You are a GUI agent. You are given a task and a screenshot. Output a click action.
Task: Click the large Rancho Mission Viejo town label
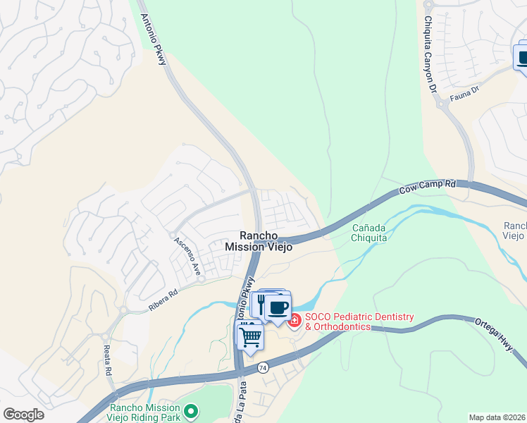click(x=259, y=241)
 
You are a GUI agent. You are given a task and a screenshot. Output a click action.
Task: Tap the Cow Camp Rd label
click(x=427, y=187)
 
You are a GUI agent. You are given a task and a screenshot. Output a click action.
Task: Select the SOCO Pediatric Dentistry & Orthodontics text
click(x=359, y=321)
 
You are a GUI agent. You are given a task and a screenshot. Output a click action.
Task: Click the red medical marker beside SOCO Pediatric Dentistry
click(x=294, y=321)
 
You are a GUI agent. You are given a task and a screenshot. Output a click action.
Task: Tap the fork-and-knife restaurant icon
click(x=261, y=304)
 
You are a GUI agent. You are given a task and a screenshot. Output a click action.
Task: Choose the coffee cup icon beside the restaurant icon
click(x=278, y=308)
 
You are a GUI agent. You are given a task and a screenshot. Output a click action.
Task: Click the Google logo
click(x=23, y=415)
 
